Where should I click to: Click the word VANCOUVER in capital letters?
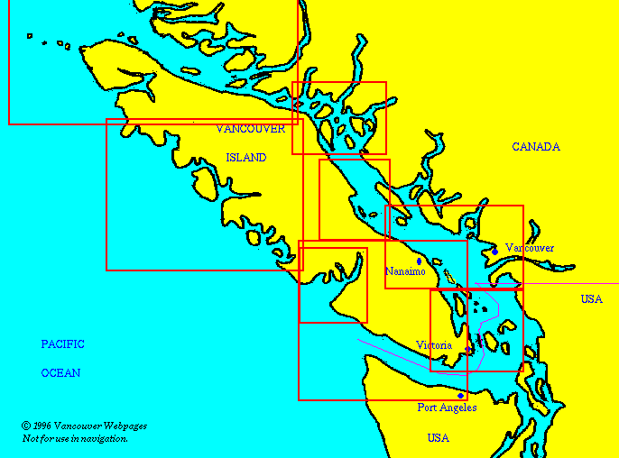251,129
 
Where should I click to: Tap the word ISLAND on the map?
245,158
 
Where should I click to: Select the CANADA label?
536,147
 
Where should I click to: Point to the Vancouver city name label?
530,248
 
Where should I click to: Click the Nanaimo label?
405,271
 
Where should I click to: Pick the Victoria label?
434,345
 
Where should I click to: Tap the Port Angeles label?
446,408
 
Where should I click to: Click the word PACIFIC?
62,344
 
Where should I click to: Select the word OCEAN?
60,373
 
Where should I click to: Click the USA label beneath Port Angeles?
439,438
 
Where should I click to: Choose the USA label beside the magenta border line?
591,299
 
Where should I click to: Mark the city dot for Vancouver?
494,252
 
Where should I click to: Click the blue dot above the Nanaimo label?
419,261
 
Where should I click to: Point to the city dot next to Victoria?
467,350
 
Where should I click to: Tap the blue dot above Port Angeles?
460,395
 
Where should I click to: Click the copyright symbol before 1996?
25,426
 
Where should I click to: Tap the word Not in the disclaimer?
30,438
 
